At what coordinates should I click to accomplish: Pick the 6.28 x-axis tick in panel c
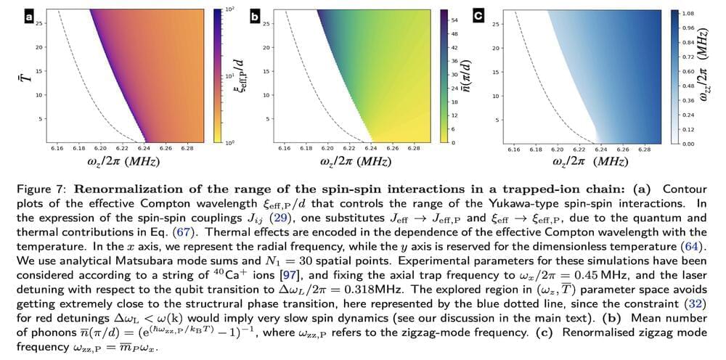click(643, 149)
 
